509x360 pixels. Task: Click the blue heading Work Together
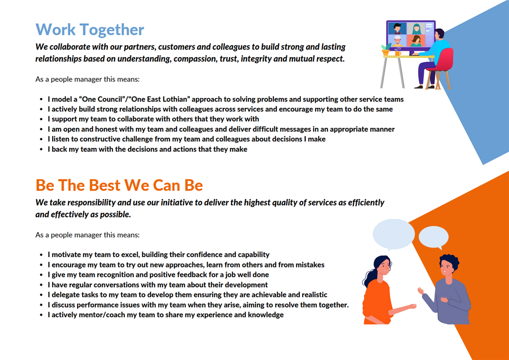pos(89,29)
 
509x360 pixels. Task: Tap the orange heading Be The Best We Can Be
pos(119,185)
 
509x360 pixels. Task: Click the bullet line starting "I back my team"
pos(147,149)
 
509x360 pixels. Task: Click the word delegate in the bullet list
pos(64,295)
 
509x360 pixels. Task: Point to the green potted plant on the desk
pos(386,49)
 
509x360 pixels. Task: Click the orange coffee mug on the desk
pos(398,53)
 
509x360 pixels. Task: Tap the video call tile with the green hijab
pos(416,28)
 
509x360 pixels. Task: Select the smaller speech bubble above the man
pos(433,238)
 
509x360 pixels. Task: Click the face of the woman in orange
pos(383,268)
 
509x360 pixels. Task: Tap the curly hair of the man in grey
pos(449,262)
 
